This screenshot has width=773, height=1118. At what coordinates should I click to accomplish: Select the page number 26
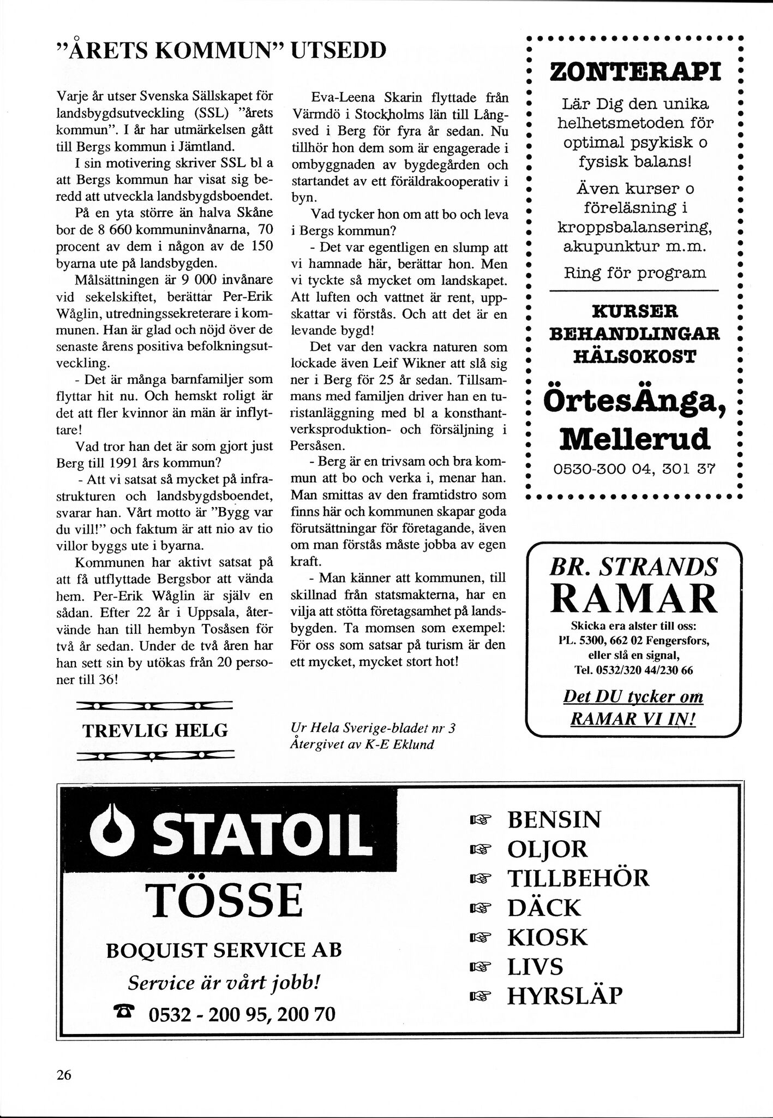64,1075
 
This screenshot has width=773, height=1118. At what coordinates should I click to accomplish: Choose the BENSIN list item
554,819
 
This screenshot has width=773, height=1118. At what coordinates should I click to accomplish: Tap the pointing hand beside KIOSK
480,937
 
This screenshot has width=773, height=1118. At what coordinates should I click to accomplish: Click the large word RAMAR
633,598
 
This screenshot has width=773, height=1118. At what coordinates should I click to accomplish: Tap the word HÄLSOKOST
634,356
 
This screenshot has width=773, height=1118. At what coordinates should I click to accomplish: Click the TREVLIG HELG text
155,730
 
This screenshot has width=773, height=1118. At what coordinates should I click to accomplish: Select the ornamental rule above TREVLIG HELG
155,706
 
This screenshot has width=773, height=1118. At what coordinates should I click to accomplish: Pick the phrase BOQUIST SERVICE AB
224,950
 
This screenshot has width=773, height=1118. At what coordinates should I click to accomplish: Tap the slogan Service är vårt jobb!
224,983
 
